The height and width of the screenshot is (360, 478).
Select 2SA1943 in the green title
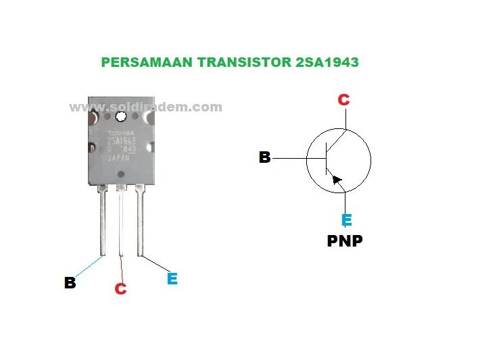click(327, 63)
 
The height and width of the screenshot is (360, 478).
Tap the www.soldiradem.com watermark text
click(145, 107)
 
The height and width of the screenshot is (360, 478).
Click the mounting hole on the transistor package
click(122, 117)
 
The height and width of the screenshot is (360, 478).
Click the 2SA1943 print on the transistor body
click(122, 141)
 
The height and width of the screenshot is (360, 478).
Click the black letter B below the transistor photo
click(70, 282)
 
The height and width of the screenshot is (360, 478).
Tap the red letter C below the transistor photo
click(120, 288)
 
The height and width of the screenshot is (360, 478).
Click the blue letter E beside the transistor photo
click(172, 278)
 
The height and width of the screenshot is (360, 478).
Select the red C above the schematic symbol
click(343, 100)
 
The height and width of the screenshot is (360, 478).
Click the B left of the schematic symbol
click(264, 157)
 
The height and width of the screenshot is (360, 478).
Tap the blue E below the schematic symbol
click(346, 220)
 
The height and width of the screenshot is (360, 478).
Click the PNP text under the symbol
click(345, 240)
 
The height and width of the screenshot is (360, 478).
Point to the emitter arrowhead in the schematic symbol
click(337, 180)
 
